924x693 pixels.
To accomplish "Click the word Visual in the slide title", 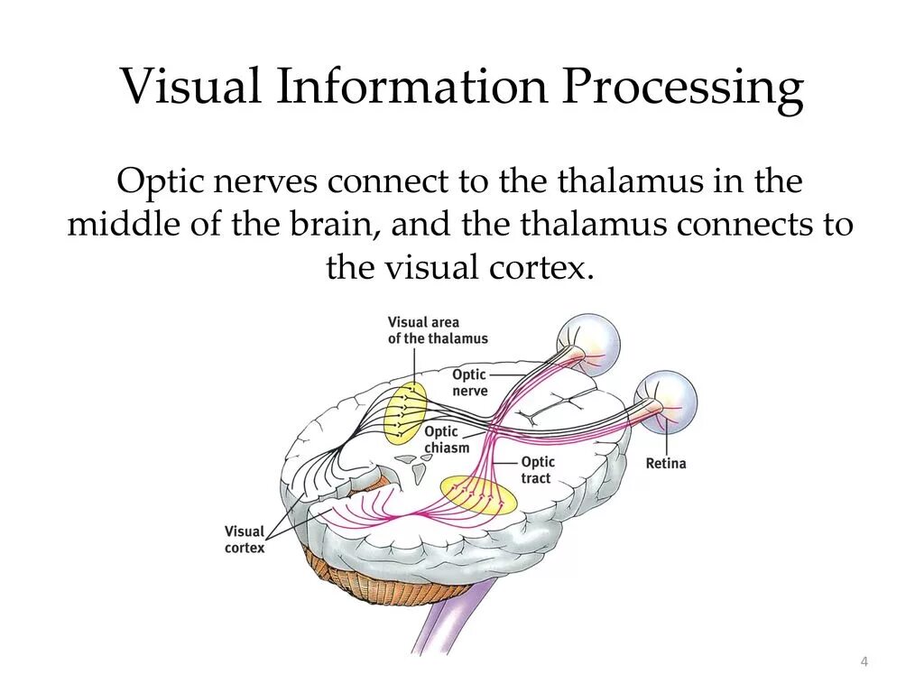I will [192, 88].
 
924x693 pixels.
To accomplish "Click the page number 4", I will [864, 663].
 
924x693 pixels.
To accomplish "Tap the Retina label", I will [666, 464].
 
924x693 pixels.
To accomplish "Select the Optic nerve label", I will [469, 383].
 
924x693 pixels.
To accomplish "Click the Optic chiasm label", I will [447, 440].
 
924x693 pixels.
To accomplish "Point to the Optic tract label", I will [538, 470].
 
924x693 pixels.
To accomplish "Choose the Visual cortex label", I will [245, 540].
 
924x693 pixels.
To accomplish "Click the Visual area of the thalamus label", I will [438, 330].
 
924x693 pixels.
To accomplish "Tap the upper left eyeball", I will [589, 344].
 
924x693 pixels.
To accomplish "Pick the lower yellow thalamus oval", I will [478, 494].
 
